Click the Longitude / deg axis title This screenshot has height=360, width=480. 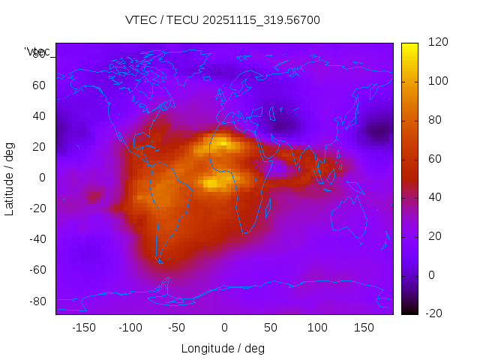point(223,348)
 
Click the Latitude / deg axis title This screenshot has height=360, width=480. point(10,178)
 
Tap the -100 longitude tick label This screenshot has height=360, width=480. point(130,328)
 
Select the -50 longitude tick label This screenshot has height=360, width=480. point(176,328)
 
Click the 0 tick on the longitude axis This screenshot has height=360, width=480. point(223,328)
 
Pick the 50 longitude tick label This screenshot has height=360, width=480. point(271,328)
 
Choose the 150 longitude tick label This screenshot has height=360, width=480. point(364,328)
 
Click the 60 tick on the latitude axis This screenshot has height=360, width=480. point(39,85)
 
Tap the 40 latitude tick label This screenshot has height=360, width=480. point(39,115)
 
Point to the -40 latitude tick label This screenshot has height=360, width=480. point(37,239)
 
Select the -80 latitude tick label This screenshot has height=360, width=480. point(37,301)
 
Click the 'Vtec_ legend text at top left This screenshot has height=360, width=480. point(37,52)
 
